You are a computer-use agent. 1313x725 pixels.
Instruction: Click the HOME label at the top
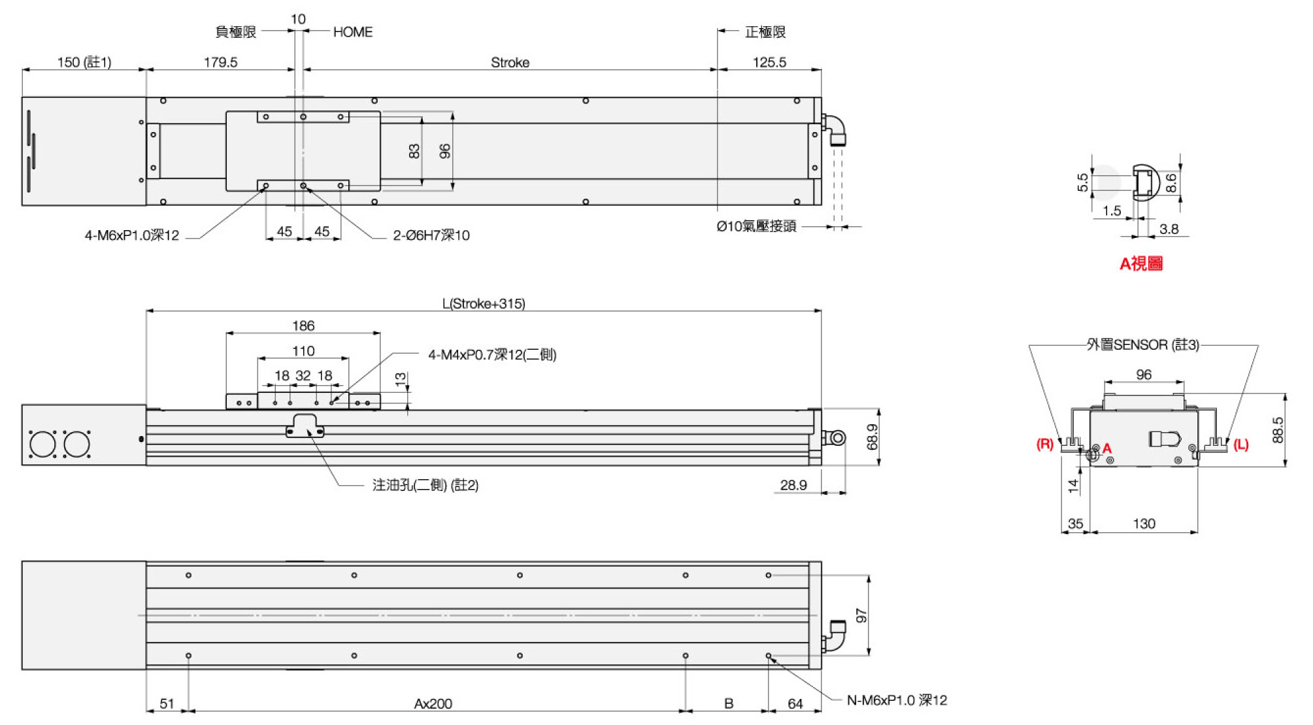(353, 32)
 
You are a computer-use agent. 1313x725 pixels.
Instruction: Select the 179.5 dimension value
(220, 62)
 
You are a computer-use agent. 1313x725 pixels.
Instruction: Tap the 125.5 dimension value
(769, 62)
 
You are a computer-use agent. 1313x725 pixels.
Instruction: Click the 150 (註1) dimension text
(84, 62)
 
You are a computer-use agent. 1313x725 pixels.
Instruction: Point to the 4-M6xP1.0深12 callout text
(131, 235)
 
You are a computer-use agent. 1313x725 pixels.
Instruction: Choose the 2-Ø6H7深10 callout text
(431, 235)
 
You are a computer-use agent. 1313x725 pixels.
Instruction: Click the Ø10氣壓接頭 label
(756, 226)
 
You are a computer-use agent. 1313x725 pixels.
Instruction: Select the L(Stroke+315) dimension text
(484, 303)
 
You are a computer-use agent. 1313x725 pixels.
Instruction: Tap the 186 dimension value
(303, 326)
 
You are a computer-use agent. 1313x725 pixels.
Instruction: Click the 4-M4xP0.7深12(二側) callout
(492, 354)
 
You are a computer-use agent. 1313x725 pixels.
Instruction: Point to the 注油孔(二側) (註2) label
(425, 485)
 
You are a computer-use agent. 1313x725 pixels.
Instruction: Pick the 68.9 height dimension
(872, 437)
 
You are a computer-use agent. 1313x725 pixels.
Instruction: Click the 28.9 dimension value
(793, 485)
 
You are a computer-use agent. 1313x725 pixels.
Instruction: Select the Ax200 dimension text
(433, 703)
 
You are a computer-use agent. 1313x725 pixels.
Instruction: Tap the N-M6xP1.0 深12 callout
(897, 700)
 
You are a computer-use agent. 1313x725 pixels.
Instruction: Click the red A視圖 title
(1141, 263)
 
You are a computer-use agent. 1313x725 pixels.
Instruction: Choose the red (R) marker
(1045, 445)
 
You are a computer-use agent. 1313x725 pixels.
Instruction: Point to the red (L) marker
(1241, 445)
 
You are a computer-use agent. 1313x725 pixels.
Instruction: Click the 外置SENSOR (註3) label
(1143, 345)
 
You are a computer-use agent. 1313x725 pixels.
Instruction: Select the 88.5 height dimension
(1278, 430)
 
